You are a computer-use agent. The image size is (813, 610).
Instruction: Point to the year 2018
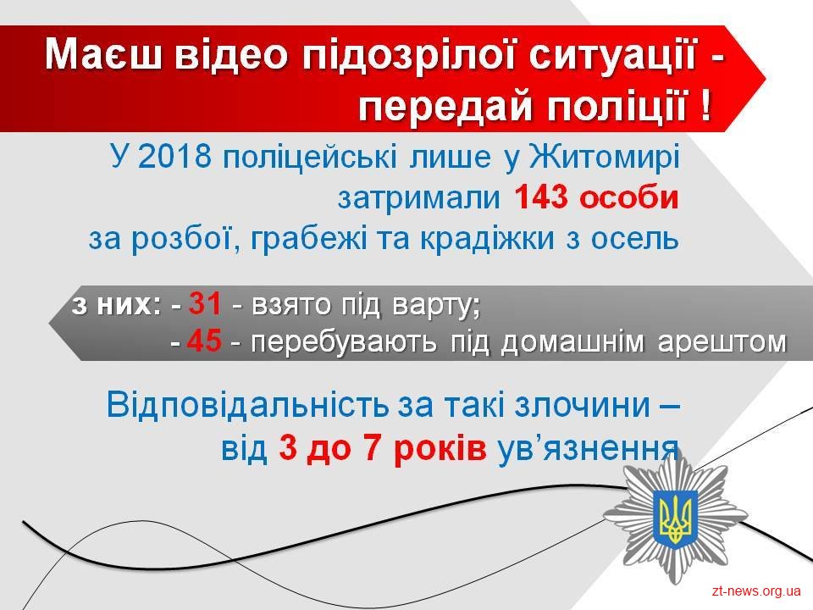pyautogui.click(x=174, y=156)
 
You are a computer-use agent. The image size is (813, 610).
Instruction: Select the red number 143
pyautogui.click(x=540, y=197)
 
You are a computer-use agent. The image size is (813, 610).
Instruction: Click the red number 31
pyautogui.click(x=205, y=303)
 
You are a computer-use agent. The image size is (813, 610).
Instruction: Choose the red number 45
pyautogui.click(x=205, y=341)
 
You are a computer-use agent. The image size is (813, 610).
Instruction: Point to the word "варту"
pyautogui.click(x=435, y=306)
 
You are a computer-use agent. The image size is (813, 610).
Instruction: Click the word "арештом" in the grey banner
pyautogui.click(x=722, y=342)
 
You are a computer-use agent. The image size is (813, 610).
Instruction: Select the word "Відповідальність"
pyautogui.click(x=247, y=406)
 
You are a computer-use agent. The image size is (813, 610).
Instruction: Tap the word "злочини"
pyautogui.click(x=583, y=406)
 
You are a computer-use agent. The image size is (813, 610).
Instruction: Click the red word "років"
pyautogui.click(x=440, y=449)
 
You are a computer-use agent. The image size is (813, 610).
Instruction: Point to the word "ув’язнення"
pyautogui.click(x=588, y=449)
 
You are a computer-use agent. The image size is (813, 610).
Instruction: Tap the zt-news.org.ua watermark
pyautogui.click(x=756, y=591)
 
